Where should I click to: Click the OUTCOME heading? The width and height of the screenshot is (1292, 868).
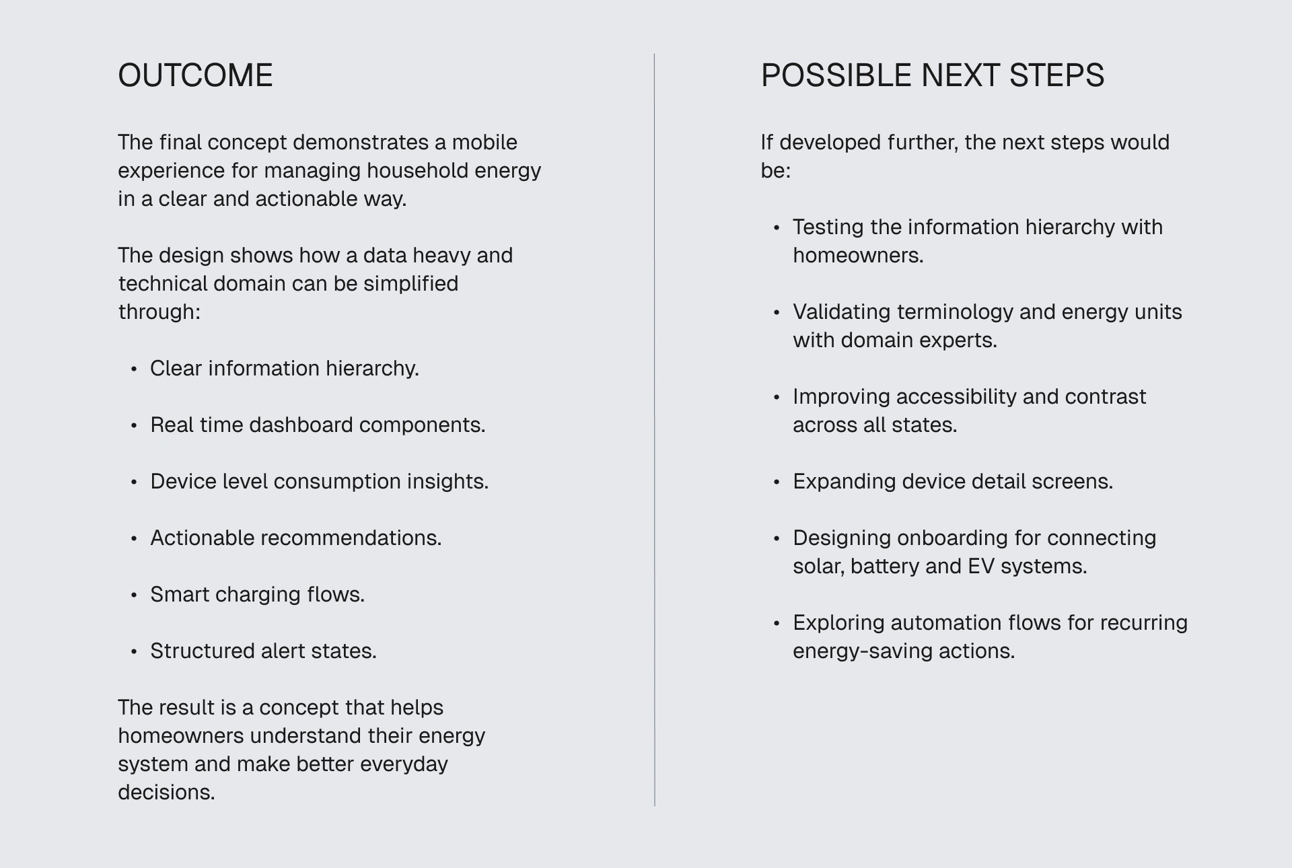pyautogui.click(x=195, y=75)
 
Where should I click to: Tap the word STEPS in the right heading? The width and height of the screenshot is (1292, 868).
pyautogui.click(x=1056, y=75)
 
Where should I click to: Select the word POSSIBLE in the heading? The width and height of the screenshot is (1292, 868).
pyautogui.click(x=836, y=75)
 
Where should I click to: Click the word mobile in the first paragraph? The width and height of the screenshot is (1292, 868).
pyautogui.click(x=485, y=142)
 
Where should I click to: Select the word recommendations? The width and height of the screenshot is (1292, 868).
pyautogui.click(x=351, y=538)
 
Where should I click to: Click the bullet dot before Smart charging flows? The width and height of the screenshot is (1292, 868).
pyautogui.click(x=134, y=595)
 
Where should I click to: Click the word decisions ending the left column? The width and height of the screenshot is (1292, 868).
pyautogui.click(x=166, y=792)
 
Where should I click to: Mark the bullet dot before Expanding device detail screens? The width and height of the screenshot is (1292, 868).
pyautogui.click(x=777, y=482)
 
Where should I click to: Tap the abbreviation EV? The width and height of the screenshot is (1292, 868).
pyautogui.click(x=980, y=566)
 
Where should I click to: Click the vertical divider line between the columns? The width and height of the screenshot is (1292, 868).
pyautogui.click(x=654, y=430)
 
